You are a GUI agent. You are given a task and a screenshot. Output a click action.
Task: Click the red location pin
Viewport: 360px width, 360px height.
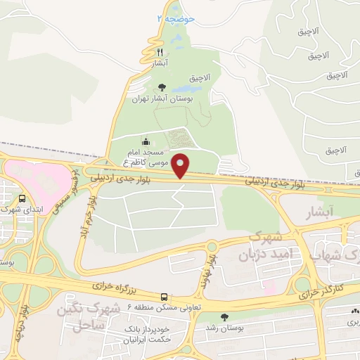(181, 165)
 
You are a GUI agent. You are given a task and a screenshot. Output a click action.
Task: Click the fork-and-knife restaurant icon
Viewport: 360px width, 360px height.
(160, 53)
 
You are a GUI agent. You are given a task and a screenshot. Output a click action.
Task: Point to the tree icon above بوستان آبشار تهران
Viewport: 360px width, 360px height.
(162, 88)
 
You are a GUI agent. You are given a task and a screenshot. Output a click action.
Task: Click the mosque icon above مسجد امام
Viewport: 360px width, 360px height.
(146, 141)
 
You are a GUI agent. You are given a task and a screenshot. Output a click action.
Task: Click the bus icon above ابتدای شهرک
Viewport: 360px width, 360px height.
(23, 198)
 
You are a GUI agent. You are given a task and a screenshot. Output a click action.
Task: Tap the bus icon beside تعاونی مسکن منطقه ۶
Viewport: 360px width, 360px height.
(164, 297)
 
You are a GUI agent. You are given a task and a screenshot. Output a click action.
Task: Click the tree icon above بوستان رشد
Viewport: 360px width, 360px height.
(224, 317)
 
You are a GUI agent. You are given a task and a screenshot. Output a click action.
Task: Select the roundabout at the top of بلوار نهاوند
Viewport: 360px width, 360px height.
(212, 246)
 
